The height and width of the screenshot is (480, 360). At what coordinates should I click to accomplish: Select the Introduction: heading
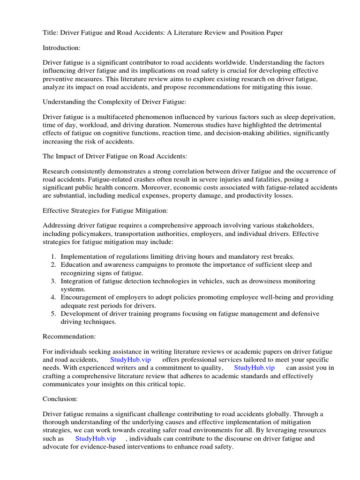(x=62, y=47)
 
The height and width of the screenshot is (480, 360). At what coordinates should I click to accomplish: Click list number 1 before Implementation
(x=53, y=256)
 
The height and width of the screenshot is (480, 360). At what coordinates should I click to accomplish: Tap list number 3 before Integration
(x=53, y=281)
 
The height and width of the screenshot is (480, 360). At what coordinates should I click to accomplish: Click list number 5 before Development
(x=53, y=313)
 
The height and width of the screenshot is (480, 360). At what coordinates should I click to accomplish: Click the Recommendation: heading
(x=70, y=336)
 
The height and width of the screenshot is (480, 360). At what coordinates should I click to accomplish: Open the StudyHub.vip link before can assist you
(x=254, y=367)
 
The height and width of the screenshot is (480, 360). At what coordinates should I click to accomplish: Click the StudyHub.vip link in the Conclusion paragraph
(x=95, y=438)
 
